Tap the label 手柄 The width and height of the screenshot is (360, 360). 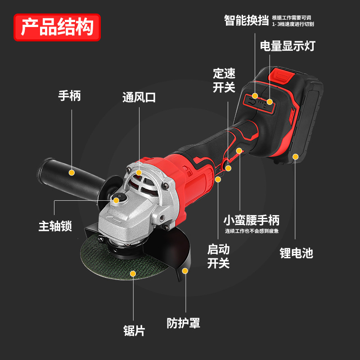[x=69, y=96]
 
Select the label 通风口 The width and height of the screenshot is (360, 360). [x=139, y=97]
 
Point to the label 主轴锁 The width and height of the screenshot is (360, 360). [x=55, y=226]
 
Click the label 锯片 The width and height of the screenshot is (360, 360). [x=134, y=331]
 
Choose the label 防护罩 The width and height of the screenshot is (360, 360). [x=183, y=323]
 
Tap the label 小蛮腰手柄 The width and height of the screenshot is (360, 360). [x=252, y=220]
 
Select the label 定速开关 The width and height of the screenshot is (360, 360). [x=224, y=80]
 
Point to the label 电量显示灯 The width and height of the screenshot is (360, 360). [x=288, y=45]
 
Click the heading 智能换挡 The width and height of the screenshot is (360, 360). [x=247, y=20]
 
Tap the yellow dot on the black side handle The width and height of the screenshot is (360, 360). [x=71, y=172]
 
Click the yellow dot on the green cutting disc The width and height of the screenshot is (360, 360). [x=133, y=273]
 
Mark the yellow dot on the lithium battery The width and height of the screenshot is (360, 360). [x=296, y=157]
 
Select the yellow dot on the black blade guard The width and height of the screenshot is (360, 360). [x=185, y=271]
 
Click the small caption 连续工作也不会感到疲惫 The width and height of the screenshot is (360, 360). [x=252, y=231]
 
